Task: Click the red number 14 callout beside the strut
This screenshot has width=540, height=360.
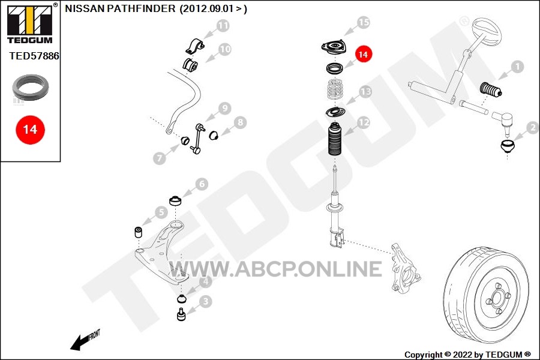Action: (363, 55)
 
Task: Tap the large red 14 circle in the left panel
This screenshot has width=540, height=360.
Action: (30, 130)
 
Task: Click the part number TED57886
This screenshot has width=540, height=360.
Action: (34, 56)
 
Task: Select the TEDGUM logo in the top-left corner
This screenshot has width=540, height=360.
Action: (31, 23)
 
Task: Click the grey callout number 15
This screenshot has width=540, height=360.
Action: (364, 22)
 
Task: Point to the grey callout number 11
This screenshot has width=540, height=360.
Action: (223, 25)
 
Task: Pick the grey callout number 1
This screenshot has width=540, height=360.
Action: (517, 67)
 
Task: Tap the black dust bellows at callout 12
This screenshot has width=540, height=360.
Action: (335, 139)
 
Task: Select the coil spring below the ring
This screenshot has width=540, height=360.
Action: (335, 89)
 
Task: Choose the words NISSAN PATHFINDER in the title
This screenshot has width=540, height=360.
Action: (120, 8)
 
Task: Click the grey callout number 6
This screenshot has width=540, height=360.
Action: (202, 184)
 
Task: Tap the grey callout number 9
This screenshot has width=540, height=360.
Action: (224, 108)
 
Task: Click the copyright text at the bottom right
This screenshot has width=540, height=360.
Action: (467, 355)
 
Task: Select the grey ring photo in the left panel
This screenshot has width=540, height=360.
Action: (31, 87)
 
